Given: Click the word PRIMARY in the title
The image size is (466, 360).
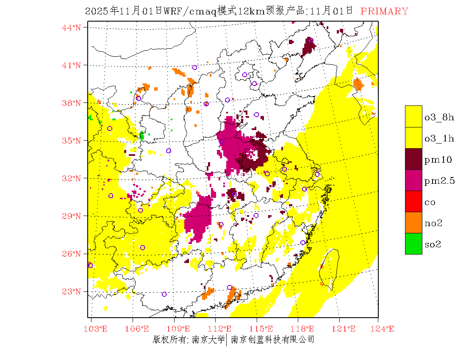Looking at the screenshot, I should pyautogui.click(x=384, y=11).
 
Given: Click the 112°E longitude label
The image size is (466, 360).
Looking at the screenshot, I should pyautogui.click(x=222, y=328).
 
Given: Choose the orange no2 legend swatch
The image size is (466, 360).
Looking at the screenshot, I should pyautogui.click(x=413, y=222).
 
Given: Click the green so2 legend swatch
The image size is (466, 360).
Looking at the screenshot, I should pyautogui.click(x=413, y=244).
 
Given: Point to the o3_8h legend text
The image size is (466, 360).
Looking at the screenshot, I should pyautogui.click(x=439, y=117).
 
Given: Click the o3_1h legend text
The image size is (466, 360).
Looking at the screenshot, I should pyautogui.click(x=439, y=138).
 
